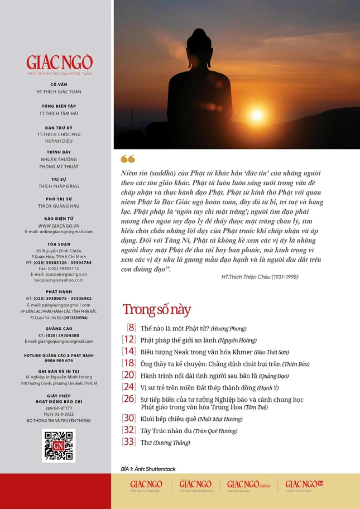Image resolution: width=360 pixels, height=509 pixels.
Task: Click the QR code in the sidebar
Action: click(x=59, y=445)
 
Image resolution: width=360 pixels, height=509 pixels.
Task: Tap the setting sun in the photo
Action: click(x=257, y=114)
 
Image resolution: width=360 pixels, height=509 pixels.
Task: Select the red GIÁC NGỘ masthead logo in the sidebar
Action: click(x=59, y=63)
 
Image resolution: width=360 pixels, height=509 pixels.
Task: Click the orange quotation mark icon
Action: click(x=128, y=160)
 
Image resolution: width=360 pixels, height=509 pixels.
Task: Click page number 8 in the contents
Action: click(x=131, y=328)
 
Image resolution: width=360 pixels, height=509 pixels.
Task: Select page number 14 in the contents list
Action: click(x=129, y=352)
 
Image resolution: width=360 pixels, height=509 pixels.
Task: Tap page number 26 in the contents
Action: click(x=129, y=398)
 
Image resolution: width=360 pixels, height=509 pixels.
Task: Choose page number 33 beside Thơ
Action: click(x=129, y=442)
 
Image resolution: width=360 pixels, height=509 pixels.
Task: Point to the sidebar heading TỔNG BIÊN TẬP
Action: click(x=59, y=105)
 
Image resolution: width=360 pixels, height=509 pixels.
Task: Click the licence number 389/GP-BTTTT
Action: click(x=59, y=409)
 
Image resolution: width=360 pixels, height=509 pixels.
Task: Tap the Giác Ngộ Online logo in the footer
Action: click(x=249, y=485)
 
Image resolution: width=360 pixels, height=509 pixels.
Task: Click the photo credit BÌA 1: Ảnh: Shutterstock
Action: click(x=148, y=469)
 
